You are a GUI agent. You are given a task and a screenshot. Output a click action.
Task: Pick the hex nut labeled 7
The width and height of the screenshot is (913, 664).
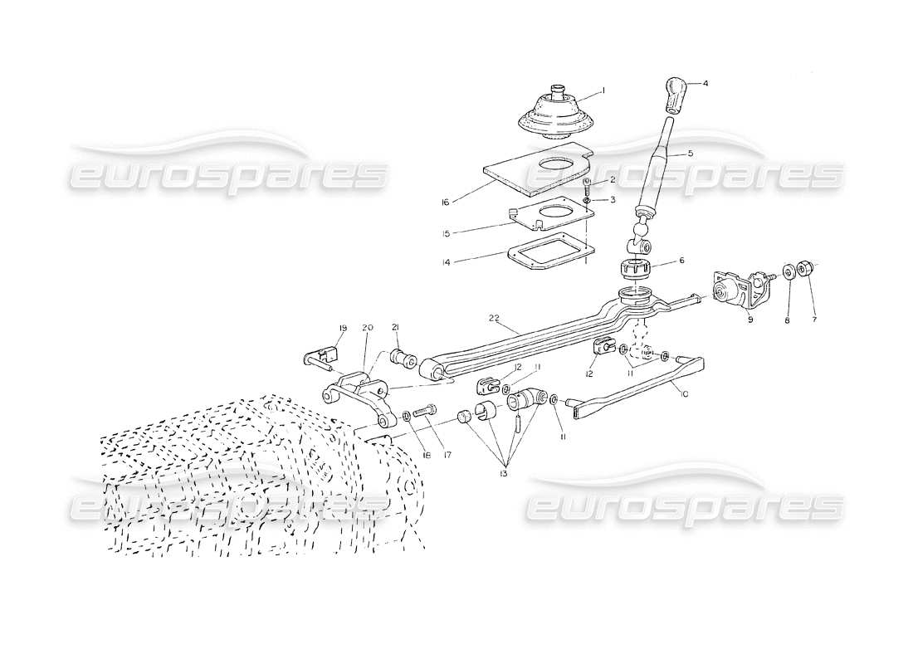click(803, 269)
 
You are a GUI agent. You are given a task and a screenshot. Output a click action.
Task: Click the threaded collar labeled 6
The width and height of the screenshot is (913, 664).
click(633, 268)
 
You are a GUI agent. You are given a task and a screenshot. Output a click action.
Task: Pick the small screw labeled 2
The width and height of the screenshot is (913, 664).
click(587, 184)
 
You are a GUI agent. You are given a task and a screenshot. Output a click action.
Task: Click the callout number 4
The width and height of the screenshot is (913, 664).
click(705, 84)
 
